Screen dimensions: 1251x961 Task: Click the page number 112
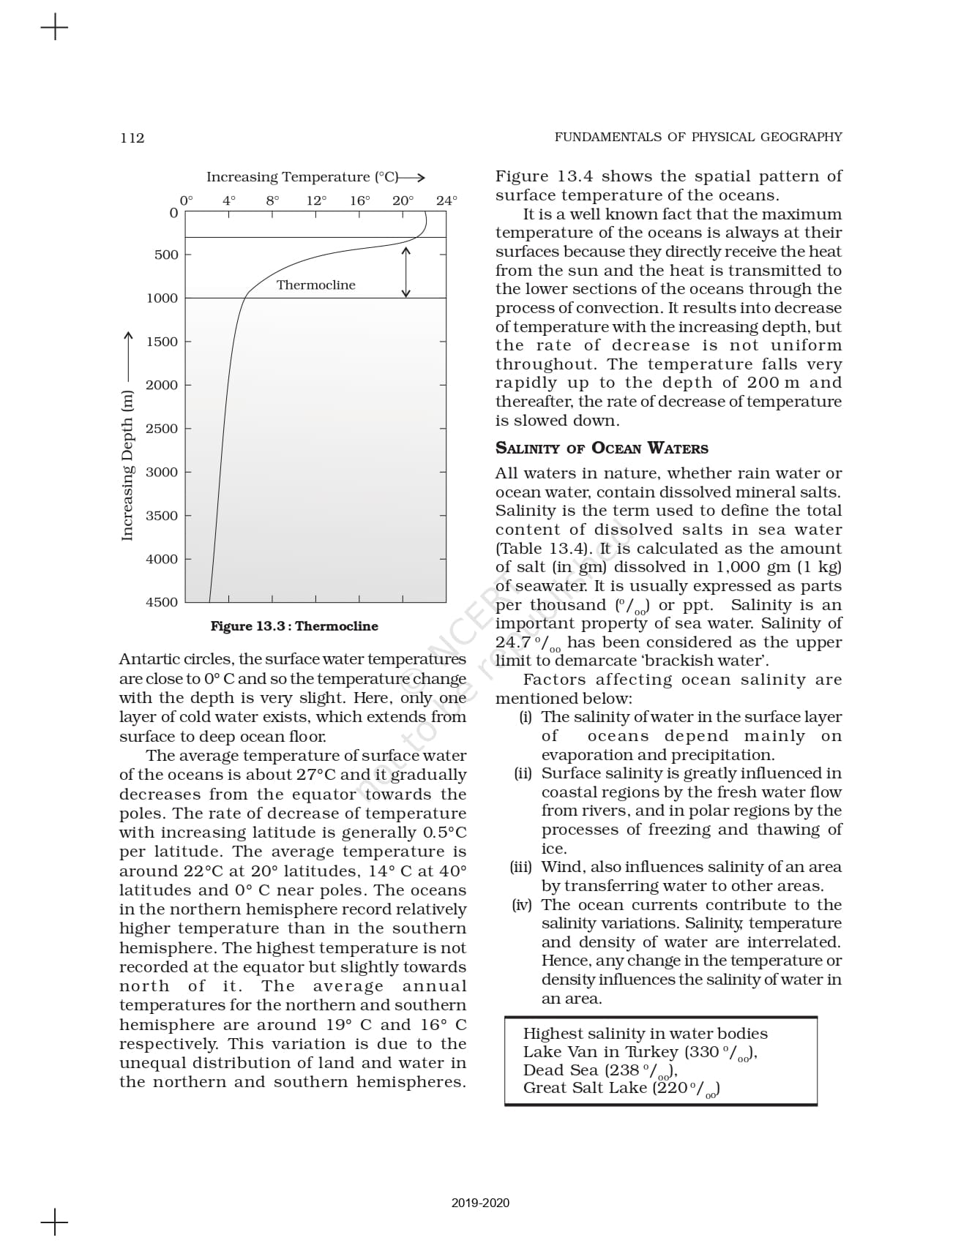132,138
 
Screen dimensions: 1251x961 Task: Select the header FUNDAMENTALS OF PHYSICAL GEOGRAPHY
698,137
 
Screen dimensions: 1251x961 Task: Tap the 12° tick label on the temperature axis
316,200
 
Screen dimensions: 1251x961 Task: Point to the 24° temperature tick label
446,200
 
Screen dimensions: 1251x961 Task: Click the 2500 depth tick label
162,429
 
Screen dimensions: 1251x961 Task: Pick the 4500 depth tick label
162,602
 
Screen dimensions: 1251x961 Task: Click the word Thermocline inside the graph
315,285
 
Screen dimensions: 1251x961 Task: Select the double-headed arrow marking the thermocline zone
406,272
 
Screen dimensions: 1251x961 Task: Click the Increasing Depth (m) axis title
127,465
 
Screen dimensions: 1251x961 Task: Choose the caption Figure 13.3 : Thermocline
294,626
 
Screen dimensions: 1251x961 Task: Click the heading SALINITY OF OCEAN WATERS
602,448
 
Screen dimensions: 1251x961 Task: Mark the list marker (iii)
521,867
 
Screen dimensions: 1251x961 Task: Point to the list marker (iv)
522,905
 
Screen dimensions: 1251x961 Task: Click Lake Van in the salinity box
554,1052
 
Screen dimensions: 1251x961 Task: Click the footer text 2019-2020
480,1203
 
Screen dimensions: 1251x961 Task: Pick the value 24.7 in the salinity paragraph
513,642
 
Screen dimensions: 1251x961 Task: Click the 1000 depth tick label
162,298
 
